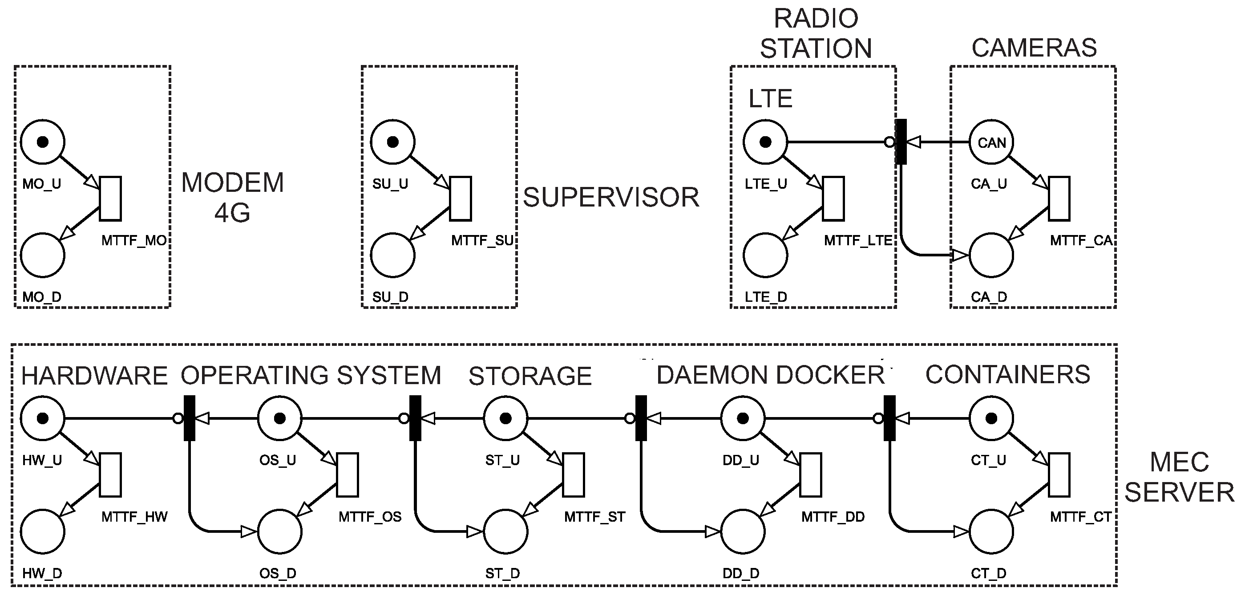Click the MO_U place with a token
click(43, 142)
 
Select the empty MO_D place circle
click(43, 255)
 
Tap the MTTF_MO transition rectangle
click(110, 199)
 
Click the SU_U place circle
click(392, 142)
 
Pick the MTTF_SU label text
click(482, 240)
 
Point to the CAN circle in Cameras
click(991, 142)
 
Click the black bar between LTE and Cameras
click(901, 142)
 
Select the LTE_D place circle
click(765, 255)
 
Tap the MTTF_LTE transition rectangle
click(833, 199)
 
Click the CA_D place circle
click(991, 255)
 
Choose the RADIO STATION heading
click(816, 34)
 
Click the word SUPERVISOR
click(611, 197)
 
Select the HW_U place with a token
click(43, 418)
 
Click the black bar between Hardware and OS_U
click(190, 418)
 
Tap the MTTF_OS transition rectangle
click(348, 474)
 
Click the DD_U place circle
click(743, 418)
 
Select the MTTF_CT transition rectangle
click(1059, 474)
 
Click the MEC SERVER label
click(1179, 478)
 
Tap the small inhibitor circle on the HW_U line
click(178, 418)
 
